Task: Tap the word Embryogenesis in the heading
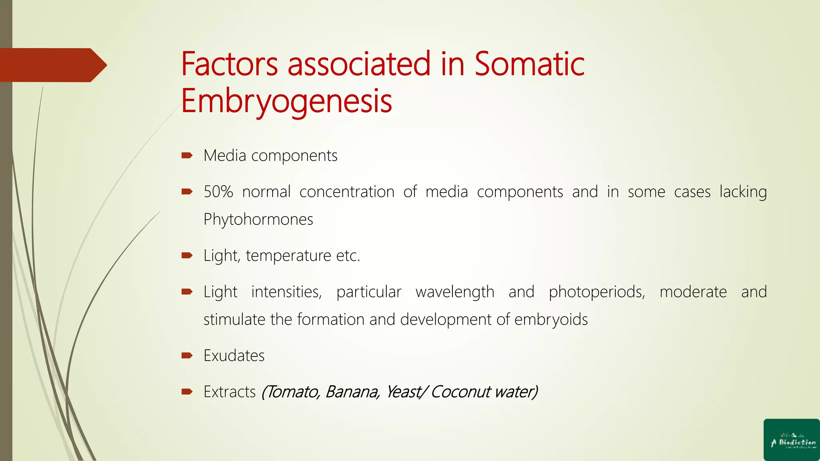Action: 286,101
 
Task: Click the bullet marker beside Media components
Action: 187,155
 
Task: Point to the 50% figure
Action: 218,192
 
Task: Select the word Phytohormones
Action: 258,219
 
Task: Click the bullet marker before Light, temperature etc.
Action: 187,255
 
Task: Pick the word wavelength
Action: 455,292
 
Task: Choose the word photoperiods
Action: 597,292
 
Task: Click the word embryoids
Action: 551,320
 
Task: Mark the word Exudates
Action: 234,356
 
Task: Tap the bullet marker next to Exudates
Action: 187,355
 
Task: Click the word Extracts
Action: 229,392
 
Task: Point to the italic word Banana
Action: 352,392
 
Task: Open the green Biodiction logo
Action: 792,440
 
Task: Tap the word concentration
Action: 347,192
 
